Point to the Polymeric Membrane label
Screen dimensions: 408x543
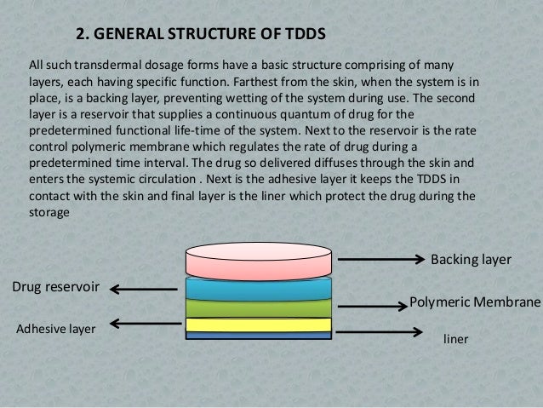475,302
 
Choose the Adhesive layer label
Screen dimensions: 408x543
56,327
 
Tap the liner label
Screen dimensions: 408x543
457,338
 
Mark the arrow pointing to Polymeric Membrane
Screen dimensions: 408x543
371,304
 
